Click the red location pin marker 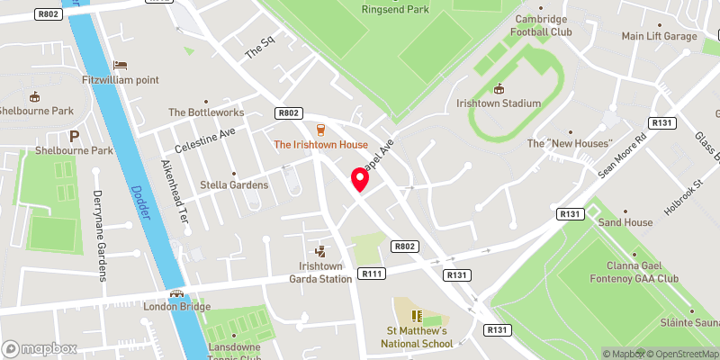(x=361, y=179)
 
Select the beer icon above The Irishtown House (x=320, y=129)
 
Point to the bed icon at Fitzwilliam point (x=120, y=65)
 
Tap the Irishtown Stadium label (x=499, y=103)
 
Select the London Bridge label (x=176, y=306)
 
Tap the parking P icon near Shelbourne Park (x=75, y=136)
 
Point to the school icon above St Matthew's (x=416, y=315)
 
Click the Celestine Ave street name (x=204, y=139)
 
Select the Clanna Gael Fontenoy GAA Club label (x=642, y=273)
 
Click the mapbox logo (x=40, y=348)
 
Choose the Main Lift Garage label (x=660, y=36)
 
